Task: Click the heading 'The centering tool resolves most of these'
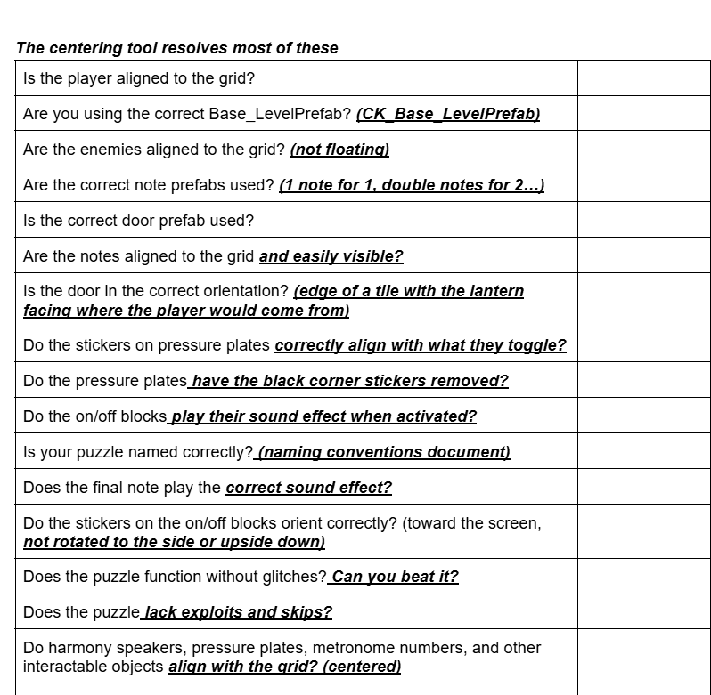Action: point(177,48)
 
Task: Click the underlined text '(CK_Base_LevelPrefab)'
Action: point(448,114)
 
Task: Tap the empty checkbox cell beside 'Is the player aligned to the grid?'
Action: point(643,78)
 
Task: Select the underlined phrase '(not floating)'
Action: point(339,150)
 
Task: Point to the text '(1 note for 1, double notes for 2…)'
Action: point(412,185)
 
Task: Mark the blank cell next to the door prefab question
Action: point(643,221)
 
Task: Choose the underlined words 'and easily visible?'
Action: point(331,256)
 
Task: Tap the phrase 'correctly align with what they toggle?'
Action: point(421,345)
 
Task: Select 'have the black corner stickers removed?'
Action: point(349,381)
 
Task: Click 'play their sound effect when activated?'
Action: point(323,416)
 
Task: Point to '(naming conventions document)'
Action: point(383,452)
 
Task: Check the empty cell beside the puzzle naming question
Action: point(643,452)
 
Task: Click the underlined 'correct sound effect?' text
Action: point(308,488)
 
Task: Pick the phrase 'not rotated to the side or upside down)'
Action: point(174,542)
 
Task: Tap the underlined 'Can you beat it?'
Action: point(394,577)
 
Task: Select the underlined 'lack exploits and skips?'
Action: point(237,612)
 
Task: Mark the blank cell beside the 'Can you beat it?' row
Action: point(643,577)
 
